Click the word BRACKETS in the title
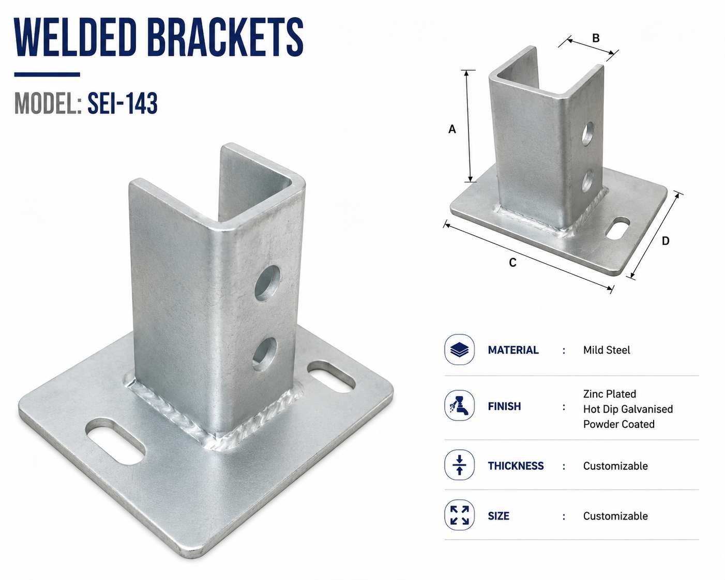pos(225,37)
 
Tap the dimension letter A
pos(452,129)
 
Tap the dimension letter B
pos(596,38)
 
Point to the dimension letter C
pos(512,263)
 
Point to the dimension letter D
pos(666,241)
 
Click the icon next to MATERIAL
pos(460,349)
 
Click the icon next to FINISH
pos(460,405)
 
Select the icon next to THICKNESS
pos(460,465)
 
